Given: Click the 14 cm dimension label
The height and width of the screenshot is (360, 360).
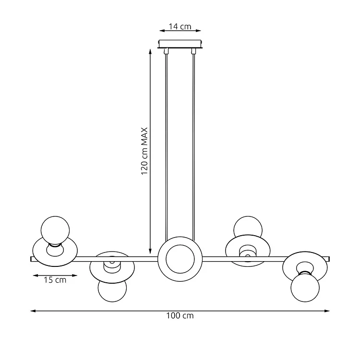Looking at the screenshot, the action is click(x=180, y=26).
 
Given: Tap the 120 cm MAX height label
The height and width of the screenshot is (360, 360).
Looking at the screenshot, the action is click(x=144, y=151).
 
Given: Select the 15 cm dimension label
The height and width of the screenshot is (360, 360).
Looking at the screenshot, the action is click(x=55, y=280).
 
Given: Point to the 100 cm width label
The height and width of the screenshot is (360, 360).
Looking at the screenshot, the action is click(x=180, y=315).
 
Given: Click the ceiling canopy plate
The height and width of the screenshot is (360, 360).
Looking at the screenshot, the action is click(x=180, y=44).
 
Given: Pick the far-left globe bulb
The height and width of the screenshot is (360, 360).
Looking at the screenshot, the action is click(x=55, y=230).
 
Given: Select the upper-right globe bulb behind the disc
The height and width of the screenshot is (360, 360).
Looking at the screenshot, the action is click(x=248, y=227).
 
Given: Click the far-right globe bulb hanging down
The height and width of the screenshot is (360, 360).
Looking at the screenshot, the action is click(x=305, y=288).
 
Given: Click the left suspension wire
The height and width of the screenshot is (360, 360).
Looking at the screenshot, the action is click(x=167, y=147).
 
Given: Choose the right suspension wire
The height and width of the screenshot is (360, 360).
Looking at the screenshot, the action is click(x=193, y=147).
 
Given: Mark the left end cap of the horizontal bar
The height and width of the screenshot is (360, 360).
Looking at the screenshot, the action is click(x=31, y=259).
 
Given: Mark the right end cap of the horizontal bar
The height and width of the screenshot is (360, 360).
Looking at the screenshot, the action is click(x=329, y=259).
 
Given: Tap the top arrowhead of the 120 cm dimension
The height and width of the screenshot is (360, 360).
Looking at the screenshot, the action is click(x=150, y=51).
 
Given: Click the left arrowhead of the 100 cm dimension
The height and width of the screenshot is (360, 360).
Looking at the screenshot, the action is click(x=33, y=311).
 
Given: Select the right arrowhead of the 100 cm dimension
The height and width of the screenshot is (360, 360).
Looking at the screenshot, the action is click(x=327, y=311).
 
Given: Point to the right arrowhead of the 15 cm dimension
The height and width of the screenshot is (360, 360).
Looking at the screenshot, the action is click(x=74, y=276).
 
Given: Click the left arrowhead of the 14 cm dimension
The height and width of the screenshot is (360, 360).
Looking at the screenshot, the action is click(x=162, y=31).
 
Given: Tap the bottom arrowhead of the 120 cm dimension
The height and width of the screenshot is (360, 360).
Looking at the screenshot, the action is click(x=150, y=251).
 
